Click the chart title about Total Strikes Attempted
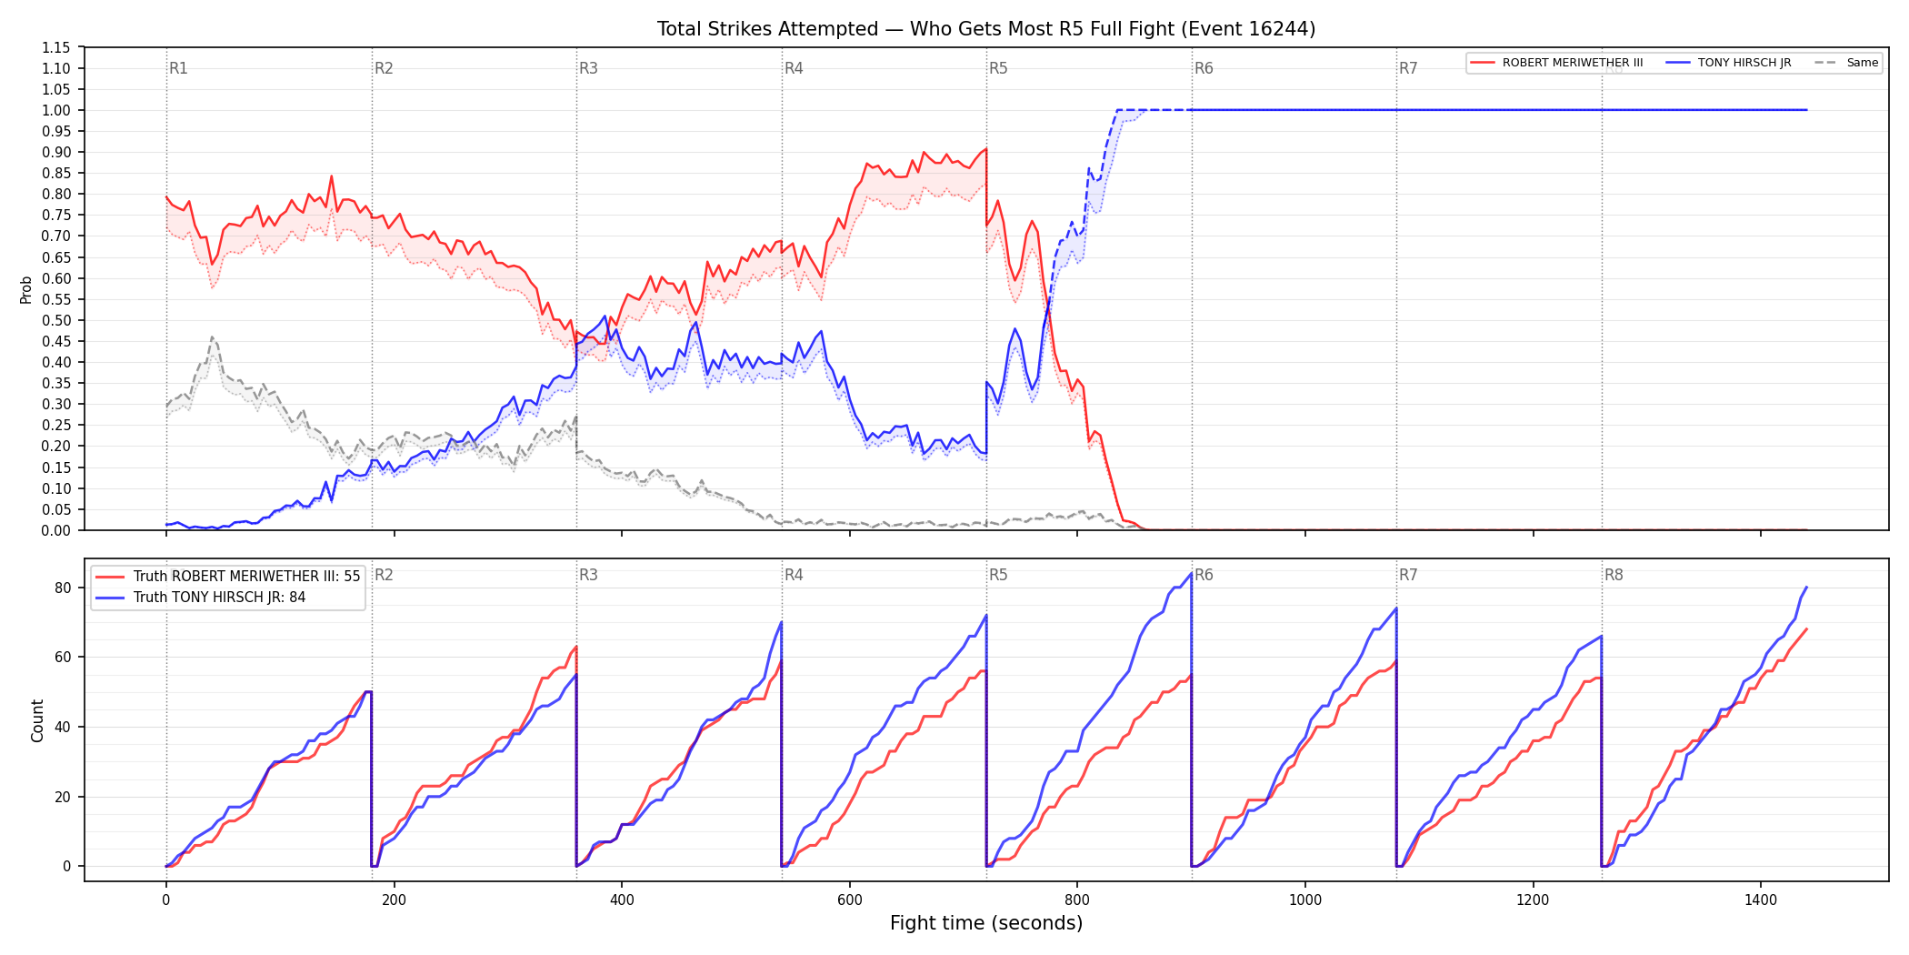click(986, 29)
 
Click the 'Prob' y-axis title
click(26, 289)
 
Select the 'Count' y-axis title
click(37, 720)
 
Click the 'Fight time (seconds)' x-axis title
click(986, 923)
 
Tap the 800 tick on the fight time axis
click(1077, 900)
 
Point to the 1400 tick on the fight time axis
click(1761, 900)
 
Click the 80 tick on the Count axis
click(63, 588)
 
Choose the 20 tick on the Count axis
click(63, 797)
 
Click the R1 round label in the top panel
click(178, 68)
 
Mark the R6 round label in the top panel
click(1204, 68)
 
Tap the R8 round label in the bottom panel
click(1614, 575)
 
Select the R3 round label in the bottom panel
click(588, 575)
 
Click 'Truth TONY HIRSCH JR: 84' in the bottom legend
click(219, 598)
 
